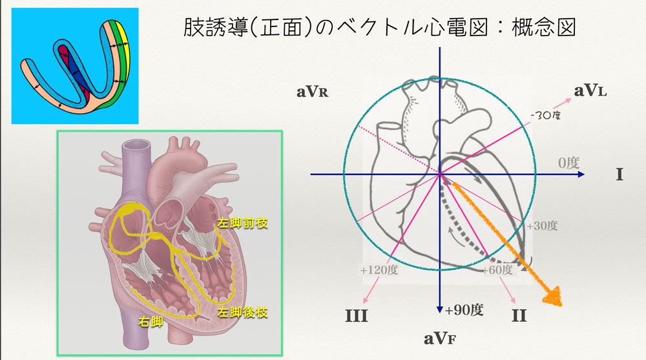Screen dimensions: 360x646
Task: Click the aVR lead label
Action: pyautogui.click(x=313, y=91)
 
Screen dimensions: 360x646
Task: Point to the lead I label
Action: pyautogui.click(x=619, y=175)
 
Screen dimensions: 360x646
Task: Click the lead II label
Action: pyautogui.click(x=518, y=316)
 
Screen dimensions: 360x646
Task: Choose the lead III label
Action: pyautogui.click(x=356, y=316)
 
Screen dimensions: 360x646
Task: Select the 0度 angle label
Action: pyautogui.click(x=568, y=162)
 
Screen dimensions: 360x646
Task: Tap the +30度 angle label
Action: pyautogui.click(x=541, y=226)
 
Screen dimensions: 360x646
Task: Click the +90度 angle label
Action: pyautogui.click(x=464, y=310)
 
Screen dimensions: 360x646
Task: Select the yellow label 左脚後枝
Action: pyautogui.click(x=242, y=312)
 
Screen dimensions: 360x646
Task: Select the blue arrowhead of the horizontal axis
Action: pyautogui.click(x=581, y=175)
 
